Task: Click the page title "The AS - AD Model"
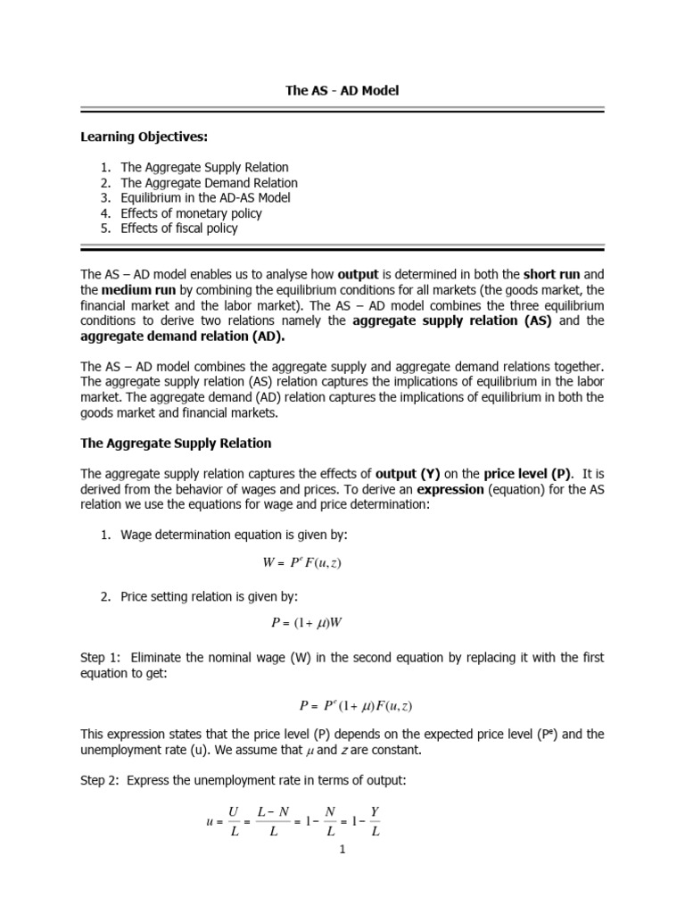[342, 91]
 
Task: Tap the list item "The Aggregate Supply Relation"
[204, 167]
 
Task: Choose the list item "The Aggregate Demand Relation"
[209, 182]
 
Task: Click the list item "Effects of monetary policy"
[191, 212]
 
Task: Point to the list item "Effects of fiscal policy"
[179, 228]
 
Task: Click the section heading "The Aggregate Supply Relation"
[176, 443]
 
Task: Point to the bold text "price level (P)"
[527, 473]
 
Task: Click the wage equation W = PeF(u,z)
[302, 563]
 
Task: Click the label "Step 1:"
[101, 657]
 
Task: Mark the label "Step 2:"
[101, 780]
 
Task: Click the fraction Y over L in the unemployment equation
[376, 822]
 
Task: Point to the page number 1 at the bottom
[342, 850]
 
